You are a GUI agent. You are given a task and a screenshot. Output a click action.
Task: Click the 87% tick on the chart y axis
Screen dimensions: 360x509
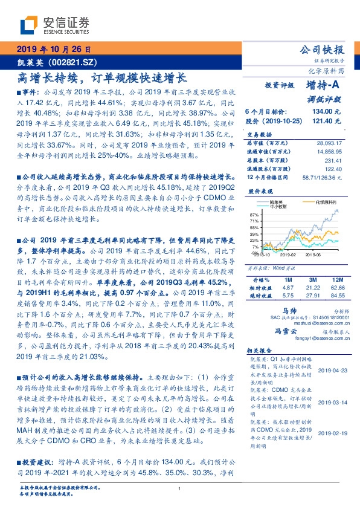(254, 215)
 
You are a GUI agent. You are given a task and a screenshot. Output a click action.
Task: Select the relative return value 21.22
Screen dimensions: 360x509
(312, 288)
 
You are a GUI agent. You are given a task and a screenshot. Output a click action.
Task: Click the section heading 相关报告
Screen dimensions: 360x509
(260, 352)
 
